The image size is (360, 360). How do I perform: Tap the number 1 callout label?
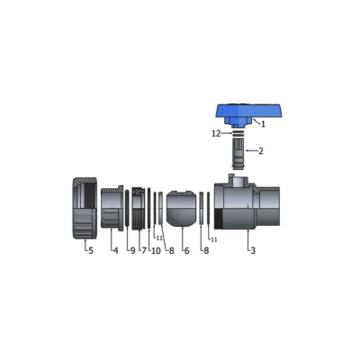click(x=263, y=124)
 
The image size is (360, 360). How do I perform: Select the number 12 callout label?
click(x=216, y=134)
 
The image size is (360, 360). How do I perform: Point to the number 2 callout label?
click(x=261, y=151)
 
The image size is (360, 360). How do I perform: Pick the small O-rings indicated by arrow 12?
click(x=238, y=133)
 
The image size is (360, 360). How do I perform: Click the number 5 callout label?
click(x=91, y=250)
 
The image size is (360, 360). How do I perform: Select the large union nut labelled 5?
click(x=85, y=208)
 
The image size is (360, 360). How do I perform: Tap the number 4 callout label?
click(x=116, y=250)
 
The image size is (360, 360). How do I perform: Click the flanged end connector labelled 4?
click(x=112, y=208)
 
